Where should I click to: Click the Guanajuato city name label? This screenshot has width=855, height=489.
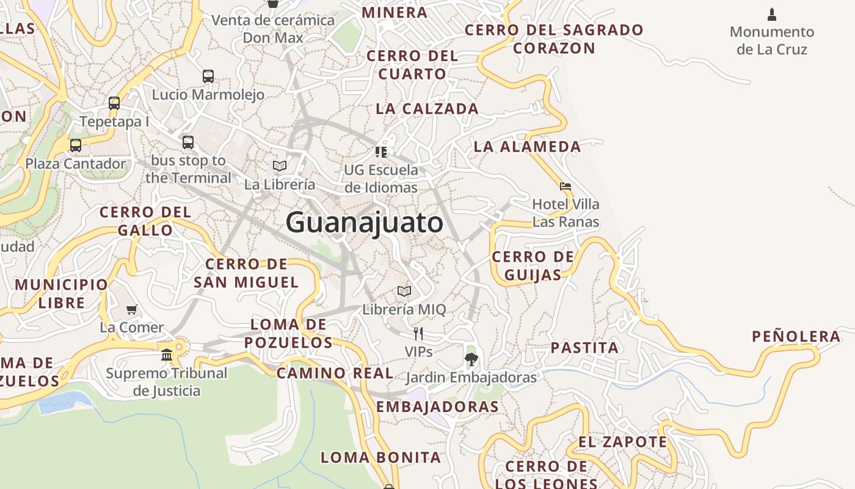click(x=364, y=222)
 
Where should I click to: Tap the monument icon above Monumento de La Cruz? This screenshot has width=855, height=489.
click(x=772, y=14)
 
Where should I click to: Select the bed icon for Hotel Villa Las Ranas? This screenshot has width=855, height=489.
click(x=566, y=186)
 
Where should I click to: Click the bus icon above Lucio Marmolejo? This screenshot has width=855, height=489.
click(x=208, y=76)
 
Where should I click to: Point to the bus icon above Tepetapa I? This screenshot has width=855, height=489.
click(x=114, y=103)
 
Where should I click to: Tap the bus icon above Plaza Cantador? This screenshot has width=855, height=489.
click(x=76, y=145)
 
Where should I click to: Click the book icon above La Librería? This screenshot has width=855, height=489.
click(x=280, y=166)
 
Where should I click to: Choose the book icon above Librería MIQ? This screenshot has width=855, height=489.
click(x=404, y=291)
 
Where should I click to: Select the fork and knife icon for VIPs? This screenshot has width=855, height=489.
click(x=418, y=333)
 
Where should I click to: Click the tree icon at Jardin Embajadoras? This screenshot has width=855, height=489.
click(x=471, y=359)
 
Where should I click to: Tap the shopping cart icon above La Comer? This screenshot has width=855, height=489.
click(x=131, y=309)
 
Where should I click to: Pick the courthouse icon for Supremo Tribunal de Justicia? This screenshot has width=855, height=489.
click(x=167, y=355)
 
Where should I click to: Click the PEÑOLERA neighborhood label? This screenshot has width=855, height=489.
click(x=796, y=336)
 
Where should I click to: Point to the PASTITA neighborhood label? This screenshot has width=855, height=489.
click(x=584, y=348)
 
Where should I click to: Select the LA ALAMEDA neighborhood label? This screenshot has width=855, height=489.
click(x=527, y=147)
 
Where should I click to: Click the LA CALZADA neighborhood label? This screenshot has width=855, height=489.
click(x=427, y=109)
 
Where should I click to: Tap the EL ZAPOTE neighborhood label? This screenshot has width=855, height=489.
click(x=622, y=441)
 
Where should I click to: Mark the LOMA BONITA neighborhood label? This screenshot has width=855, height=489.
click(x=380, y=457)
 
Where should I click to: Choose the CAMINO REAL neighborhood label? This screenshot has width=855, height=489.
click(x=335, y=373)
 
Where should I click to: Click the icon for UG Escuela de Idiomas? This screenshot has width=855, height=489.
click(x=381, y=152)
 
